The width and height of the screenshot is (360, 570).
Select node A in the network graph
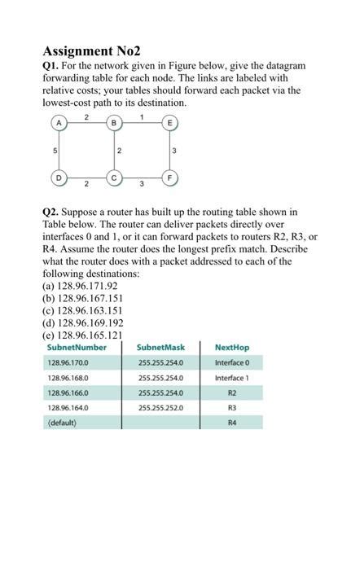[x=59, y=123]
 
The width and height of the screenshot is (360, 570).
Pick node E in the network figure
[x=169, y=123]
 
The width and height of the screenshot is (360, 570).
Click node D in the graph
[x=59, y=177]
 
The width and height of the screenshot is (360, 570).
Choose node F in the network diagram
[x=169, y=177]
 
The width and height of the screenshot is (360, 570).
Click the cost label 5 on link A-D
[x=55, y=150]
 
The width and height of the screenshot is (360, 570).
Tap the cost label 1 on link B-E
[x=142, y=116]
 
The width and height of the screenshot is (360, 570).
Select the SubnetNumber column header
[x=77, y=348]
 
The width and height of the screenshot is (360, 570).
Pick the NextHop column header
[x=231, y=348]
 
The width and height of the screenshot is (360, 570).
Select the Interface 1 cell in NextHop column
[x=231, y=378]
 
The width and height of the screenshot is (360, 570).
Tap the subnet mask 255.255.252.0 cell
[x=160, y=408]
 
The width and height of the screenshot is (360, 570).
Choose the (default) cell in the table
[x=62, y=423]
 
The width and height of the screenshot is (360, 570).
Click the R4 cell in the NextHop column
[x=231, y=423]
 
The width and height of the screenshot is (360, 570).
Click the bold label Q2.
[x=50, y=213]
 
